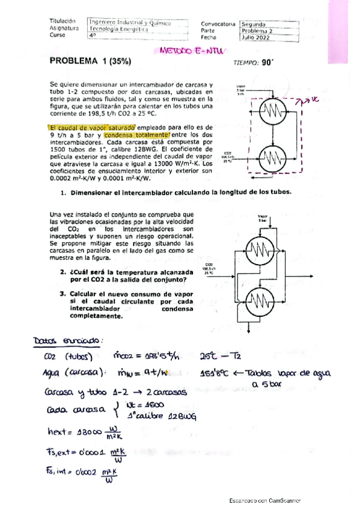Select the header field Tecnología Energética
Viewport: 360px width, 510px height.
click(118, 28)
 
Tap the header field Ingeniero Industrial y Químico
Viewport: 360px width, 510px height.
click(130, 23)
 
